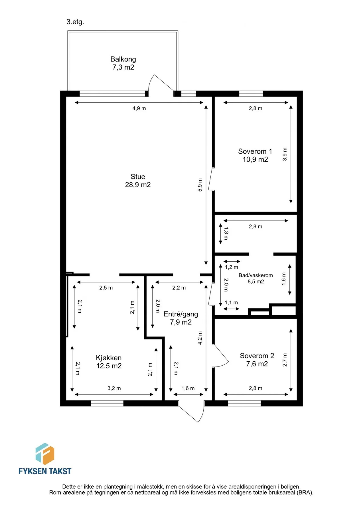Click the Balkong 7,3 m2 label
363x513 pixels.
coord(123,63)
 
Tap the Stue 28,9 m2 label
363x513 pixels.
coord(138,181)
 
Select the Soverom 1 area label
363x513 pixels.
coord(255,155)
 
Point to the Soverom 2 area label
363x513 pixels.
coord(257,360)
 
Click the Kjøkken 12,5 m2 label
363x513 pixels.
coord(109,362)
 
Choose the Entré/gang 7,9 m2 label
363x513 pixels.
coord(181,318)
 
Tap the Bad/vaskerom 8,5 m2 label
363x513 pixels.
coord(256,278)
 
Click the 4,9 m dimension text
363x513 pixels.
coord(139,108)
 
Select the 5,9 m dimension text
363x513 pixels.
coord(200,185)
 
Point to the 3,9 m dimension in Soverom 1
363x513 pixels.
coord(285,154)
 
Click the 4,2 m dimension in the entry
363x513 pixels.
coord(200,338)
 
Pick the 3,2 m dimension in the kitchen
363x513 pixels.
coord(114,388)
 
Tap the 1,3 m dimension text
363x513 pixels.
coord(226,233)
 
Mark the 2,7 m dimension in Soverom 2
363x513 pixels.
coord(285,360)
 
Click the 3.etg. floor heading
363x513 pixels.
coord(75,22)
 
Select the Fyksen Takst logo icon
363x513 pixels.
coord(45,454)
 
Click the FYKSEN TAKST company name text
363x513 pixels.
coord(45,471)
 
